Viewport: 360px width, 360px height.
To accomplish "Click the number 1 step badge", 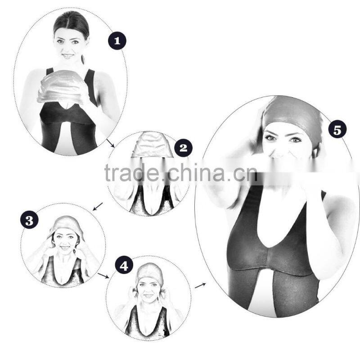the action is point(117,41).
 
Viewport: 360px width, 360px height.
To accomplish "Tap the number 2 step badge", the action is point(184,148).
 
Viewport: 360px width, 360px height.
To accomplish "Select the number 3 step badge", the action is point(29,220).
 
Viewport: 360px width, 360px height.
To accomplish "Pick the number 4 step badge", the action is point(124,266).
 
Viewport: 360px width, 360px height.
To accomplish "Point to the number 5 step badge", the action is point(337,130).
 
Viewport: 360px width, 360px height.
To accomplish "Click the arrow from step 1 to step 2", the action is point(110,143).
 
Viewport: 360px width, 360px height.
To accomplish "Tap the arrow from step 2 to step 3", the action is point(98,207).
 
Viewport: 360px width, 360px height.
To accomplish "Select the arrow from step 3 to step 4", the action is point(103,275).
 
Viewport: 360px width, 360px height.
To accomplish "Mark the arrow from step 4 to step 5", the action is point(200,286).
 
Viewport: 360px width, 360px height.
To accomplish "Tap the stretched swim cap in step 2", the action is point(152,145).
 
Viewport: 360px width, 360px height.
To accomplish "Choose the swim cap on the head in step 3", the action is point(66,226).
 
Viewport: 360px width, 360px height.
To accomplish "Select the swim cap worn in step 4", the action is point(149,272).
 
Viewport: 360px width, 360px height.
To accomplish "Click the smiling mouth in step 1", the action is point(68,56).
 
